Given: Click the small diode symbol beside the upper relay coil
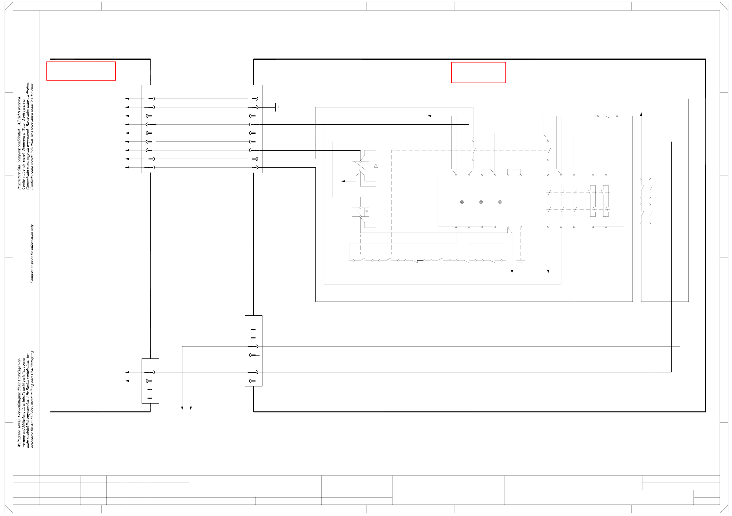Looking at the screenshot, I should coord(376,166).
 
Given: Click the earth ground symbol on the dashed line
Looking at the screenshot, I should coord(521,262).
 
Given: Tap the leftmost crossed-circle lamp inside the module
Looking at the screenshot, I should coord(462,202).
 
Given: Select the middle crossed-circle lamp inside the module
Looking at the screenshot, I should coord(481,202).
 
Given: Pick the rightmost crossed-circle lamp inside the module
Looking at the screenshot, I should coord(500,202).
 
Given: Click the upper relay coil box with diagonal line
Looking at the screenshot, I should coord(360,166).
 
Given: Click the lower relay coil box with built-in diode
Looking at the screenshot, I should coord(360,212).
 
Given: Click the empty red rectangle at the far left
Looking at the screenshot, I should coord(81,71).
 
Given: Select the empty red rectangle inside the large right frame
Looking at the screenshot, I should coord(478,73).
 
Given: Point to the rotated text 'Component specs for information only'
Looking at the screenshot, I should coord(32,254).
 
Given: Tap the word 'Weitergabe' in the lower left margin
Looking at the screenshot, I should coord(19,439).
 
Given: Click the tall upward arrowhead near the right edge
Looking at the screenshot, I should coord(641,114).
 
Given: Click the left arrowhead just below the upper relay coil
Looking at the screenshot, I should coord(343,181).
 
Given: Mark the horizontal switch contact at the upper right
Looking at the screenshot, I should coord(608,116).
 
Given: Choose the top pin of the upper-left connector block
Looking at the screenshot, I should coord(151,99).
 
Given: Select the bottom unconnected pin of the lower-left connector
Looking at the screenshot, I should coord(150,398).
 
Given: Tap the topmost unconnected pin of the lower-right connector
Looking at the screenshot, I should coord(253,329).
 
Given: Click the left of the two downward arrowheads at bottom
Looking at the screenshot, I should coord(182,408).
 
